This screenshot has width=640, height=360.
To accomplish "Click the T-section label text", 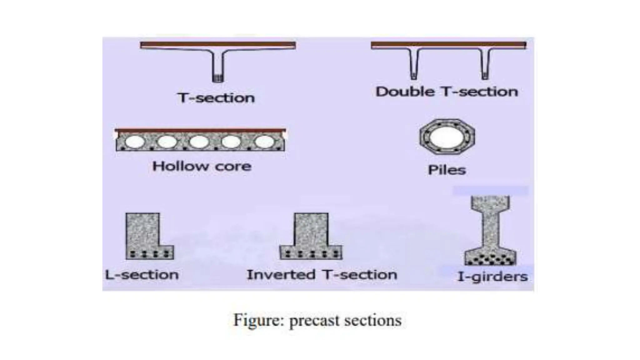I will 216,98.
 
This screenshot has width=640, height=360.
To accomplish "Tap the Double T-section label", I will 447,92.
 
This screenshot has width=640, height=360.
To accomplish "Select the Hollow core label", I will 202,166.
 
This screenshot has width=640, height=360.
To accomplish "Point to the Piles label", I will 447,170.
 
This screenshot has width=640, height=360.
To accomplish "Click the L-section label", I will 142,275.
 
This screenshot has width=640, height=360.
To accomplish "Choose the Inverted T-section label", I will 322,275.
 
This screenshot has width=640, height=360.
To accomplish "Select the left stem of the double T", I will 413,64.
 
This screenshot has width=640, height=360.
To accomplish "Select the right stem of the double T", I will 485,64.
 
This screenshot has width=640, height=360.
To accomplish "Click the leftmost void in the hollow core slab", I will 135,142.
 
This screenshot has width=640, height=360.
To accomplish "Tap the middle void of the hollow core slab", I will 199,142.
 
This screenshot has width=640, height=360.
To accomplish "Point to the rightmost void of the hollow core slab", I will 264,142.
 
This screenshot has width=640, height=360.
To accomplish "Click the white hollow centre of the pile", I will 447,137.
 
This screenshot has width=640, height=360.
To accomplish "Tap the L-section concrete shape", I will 142,233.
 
